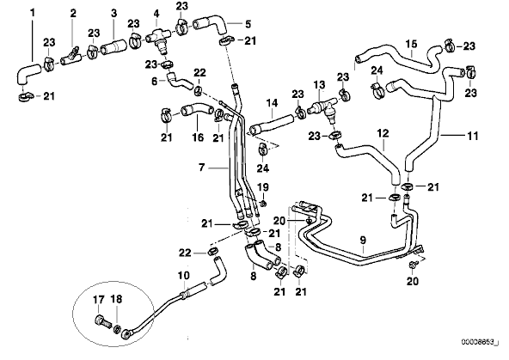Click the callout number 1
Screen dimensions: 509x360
pyautogui.click(x=33, y=13)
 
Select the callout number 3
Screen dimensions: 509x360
pyautogui.click(x=113, y=13)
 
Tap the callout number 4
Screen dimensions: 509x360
pyautogui.click(x=156, y=13)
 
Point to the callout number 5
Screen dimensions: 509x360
pyautogui.click(x=248, y=24)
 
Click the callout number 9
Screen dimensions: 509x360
pyautogui.click(x=363, y=241)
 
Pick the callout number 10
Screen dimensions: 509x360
pyautogui.click(x=183, y=276)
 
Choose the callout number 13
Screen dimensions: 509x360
pyautogui.click(x=320, y=85)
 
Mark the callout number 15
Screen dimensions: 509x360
pyautogui.click(x=411, y=44)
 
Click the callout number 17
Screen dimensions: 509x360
pyautogui.click(x=98, y=299)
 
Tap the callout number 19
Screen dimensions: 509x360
pyautogui.click(x=263, y=187)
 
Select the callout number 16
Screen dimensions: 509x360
pyautogui.click(x=198, y=137)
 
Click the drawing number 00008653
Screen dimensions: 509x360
pyautogui.click(x=478, y=342)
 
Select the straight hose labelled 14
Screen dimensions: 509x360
pyautogui.click(x=272, y=125)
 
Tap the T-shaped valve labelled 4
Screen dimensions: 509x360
pyautogui.click(x=158, y=40)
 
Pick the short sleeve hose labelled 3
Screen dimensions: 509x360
pyautogui.click(x=113, y=47)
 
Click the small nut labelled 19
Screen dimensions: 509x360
pyautogui.click(x=264, y=204)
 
